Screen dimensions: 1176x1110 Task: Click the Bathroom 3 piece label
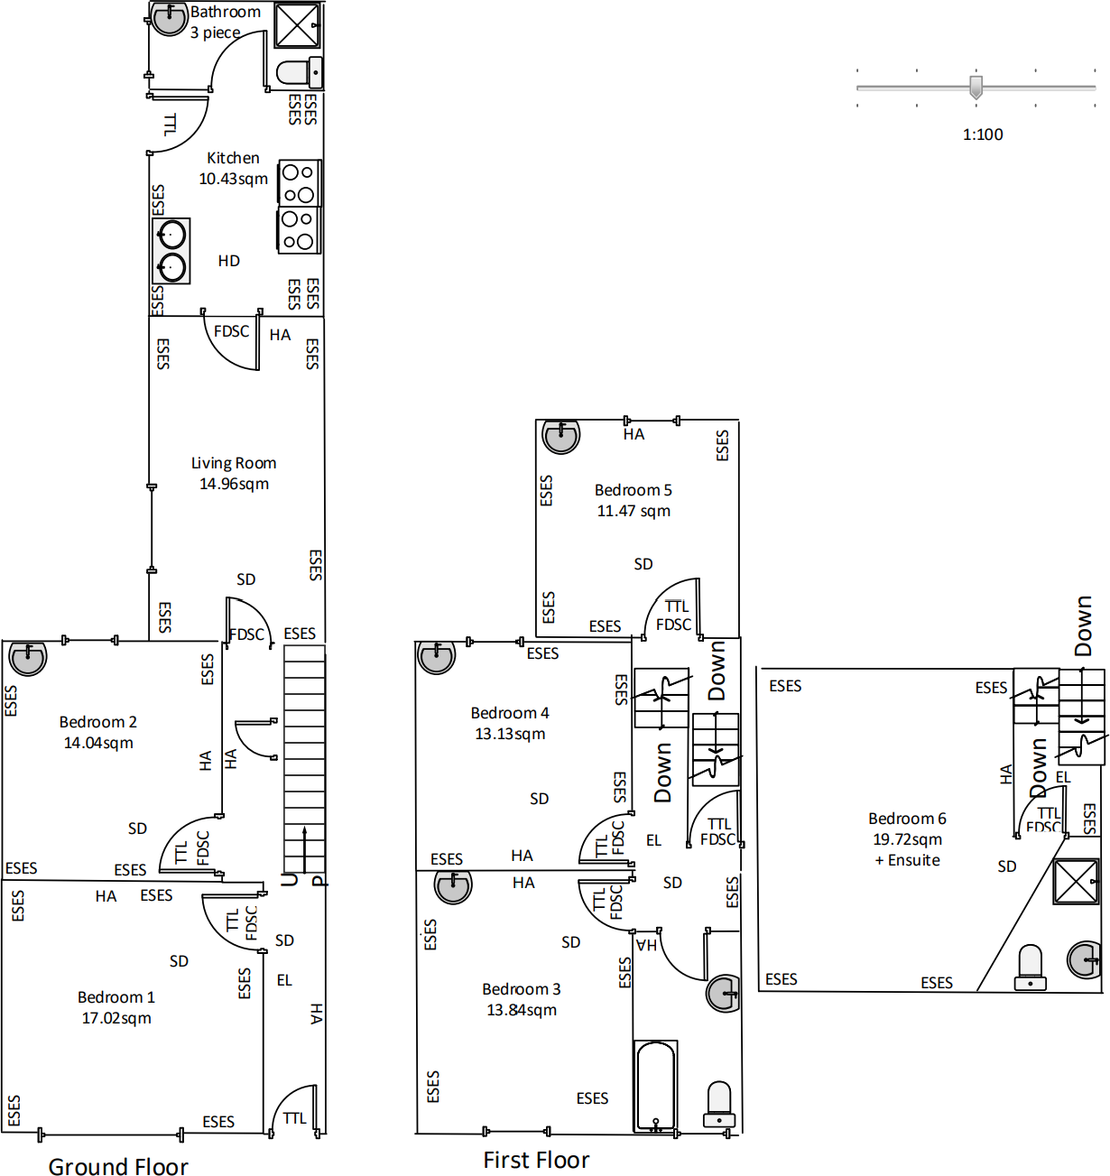[x=225, y=23]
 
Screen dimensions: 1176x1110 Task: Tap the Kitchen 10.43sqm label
[x=233, y=169]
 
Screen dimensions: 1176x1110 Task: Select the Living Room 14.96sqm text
[x=234, y=473]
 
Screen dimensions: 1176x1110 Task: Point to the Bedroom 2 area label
[x=98, y=732]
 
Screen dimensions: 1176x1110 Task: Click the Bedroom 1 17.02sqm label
[x=116, y=1007]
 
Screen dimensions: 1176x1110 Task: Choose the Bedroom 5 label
[x=634, y=500]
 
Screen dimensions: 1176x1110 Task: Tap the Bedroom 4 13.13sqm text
[x=510, y=723]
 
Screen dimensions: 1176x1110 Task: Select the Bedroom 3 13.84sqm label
[x=522, y=999]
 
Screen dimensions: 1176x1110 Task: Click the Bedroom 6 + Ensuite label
[x=907, y=838]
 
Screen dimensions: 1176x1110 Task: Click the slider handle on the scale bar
[x=976, y=88]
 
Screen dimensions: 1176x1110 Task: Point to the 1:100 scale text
[x=983, y=134]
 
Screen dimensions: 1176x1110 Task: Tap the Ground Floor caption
[x=118, y=1166]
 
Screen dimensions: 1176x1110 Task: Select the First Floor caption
[x=536, y=1160]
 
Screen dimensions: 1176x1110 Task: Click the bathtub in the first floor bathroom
[x=655, y=1086]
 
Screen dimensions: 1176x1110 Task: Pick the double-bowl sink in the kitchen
[x=171, y=251]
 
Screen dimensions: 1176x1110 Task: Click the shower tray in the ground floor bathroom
[x=297, y=25]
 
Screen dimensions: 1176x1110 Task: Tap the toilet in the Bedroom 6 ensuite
[x=1030, y=968]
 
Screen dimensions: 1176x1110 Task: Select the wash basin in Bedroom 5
[x=560, y=437]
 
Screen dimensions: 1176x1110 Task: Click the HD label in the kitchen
[x=228, y=261]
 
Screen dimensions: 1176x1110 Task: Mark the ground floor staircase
[x=304, y=758]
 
